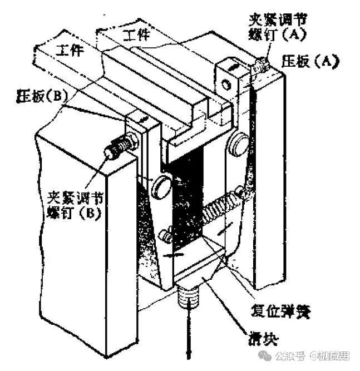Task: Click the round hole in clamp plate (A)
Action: (225, 84)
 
